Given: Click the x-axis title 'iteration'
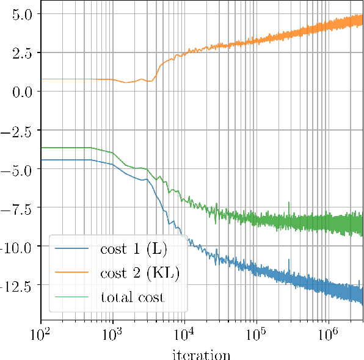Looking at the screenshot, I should (x=202, y=354).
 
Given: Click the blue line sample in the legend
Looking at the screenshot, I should (x=71, y=249).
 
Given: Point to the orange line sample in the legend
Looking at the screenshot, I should (x=71, y=273).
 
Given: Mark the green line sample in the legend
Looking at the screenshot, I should (x=71, y=298).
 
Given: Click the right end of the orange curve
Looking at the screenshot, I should (x=363, y=20).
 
